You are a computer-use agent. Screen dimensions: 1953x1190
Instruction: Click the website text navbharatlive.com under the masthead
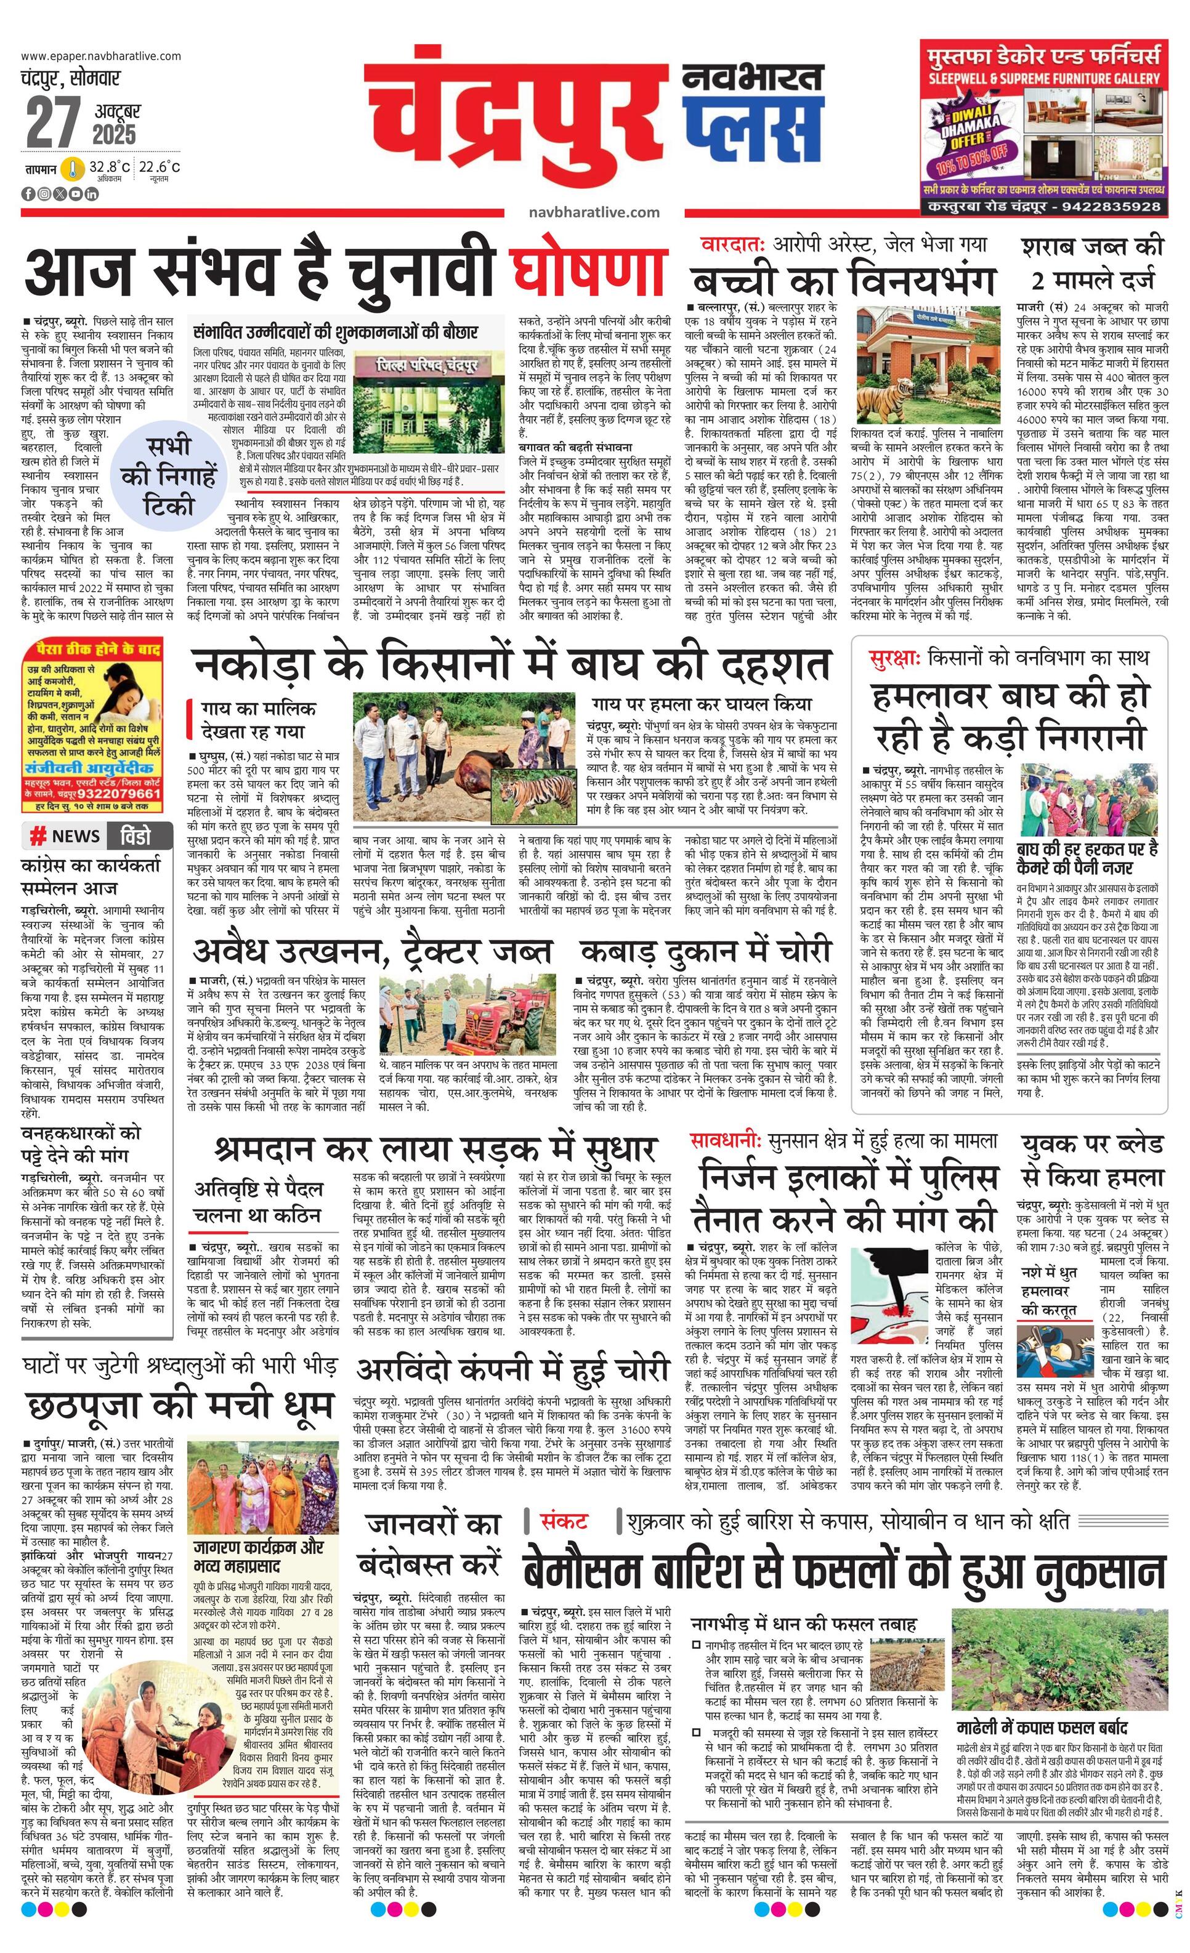tap(594, 212)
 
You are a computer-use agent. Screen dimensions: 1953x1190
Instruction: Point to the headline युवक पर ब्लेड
tap(1093, 1144)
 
